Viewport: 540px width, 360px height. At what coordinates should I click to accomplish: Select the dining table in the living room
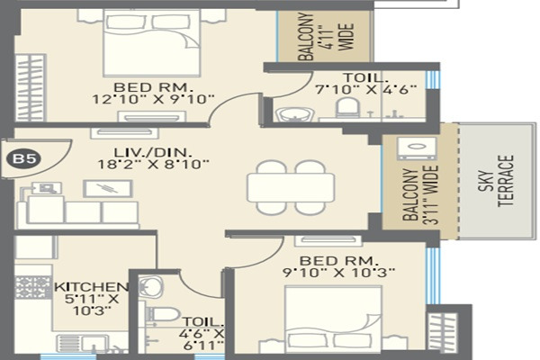tap(290, 187)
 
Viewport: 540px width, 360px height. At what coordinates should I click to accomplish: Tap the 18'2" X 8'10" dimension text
tap(154, 164)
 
